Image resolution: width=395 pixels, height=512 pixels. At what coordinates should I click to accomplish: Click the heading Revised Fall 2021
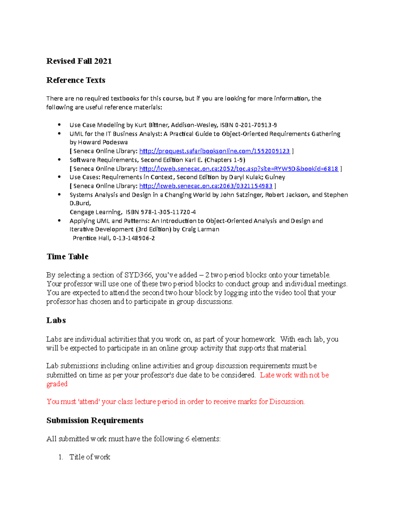point(79,61)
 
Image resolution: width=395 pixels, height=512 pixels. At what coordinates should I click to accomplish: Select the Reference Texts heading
point(76,80)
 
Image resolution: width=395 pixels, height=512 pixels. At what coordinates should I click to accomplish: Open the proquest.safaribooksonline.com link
point(214,151)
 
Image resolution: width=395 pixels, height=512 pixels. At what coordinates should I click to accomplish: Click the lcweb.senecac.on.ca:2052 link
point(238,169)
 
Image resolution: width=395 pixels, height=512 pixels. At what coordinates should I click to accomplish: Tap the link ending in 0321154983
point(206,186)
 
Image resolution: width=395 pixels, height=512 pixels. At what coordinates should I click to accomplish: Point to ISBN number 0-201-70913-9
point(256,125)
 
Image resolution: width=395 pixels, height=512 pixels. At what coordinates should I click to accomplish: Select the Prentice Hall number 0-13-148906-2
point(134,238)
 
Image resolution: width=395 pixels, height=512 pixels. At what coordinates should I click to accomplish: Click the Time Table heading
point(67,257)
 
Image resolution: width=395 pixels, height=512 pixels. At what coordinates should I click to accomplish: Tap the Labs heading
point(56,320)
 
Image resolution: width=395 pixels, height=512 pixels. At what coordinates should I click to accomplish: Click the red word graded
point(57,384)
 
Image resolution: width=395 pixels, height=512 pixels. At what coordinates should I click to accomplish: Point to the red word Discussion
point(287,402)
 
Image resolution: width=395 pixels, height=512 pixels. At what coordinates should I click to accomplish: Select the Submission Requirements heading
point(95,421)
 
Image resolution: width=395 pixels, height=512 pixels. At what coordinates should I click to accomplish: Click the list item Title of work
point(90,457)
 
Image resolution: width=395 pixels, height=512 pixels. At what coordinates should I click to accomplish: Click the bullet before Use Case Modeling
point(59,125)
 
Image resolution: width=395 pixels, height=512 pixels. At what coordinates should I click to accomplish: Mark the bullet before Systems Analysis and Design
point(59,195)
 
